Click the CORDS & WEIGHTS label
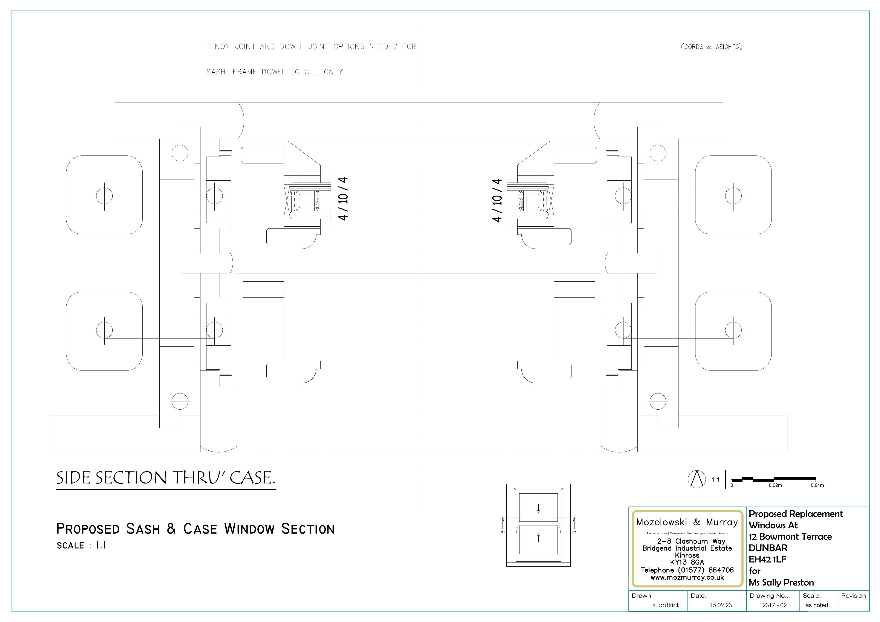pos(711,47)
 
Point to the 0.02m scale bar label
pos(775,485)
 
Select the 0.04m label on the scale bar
pos(817,485)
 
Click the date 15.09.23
pos(721,605)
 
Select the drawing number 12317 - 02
pos(773,605)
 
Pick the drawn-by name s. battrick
pos(666,605)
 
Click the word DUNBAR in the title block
pos(768,548)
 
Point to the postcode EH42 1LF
pos(767,559)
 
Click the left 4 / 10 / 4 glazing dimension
pos(343,198)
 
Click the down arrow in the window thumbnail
pos(538,509)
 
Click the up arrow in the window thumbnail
pos(538,537)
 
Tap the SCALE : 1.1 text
pos(81,545)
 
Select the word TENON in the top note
pos(218,47)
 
